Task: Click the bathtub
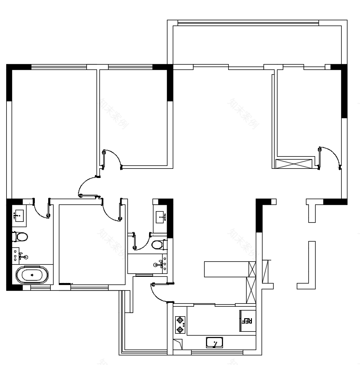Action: pos(32,276)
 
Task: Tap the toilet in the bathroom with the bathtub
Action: pos(20,237)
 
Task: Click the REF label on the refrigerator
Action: pos(247,321)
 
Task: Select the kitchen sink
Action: pos(214,342)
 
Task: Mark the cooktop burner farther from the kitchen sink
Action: pos(180,320)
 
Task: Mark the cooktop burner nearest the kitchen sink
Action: pos(180,330)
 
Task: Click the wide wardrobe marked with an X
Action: pos(294,162)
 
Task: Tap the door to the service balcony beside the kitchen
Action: pos(159,292)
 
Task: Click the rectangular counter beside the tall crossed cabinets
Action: pos(226,269)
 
